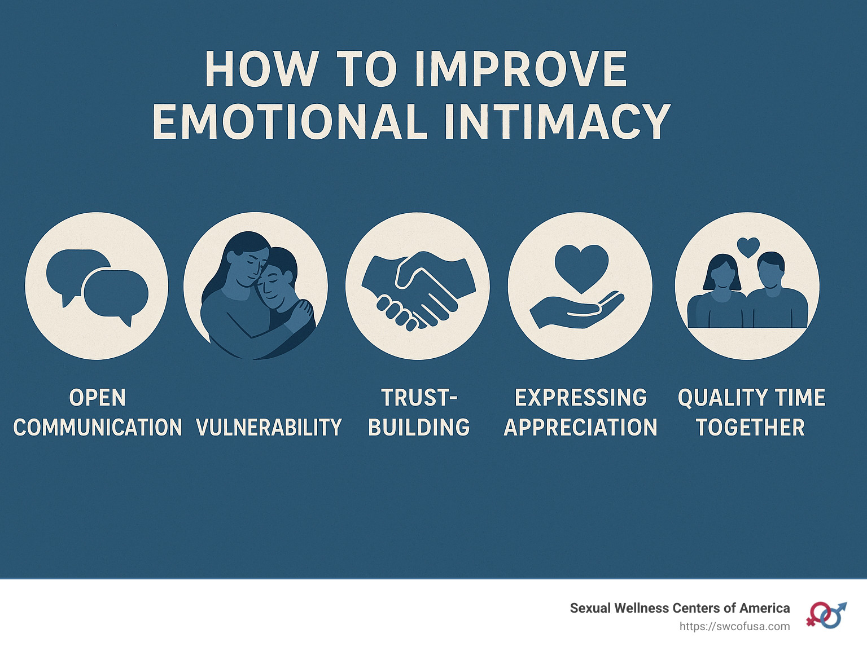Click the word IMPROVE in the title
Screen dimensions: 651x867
(x=520, y=70)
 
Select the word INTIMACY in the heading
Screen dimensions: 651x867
(x=557, y=122)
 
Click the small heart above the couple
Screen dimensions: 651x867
(x=748, y=247)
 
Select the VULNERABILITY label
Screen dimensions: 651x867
(x=269, y=428)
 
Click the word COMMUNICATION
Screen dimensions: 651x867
(x=98, y=428)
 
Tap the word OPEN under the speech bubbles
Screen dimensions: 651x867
(x=98, y=398)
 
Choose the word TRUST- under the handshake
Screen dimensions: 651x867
(x=419, y=398)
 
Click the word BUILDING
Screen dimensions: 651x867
(x=419, y=428)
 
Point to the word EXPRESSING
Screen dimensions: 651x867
(x=581, y=398)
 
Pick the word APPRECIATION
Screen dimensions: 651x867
(x=581, y=428)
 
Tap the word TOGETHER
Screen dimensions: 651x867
(x=750, y=428)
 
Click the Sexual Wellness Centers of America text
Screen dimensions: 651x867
(x=680, y=608)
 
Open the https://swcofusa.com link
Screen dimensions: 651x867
(x=734, y=626)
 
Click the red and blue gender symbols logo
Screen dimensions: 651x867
(x=826, y=615)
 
